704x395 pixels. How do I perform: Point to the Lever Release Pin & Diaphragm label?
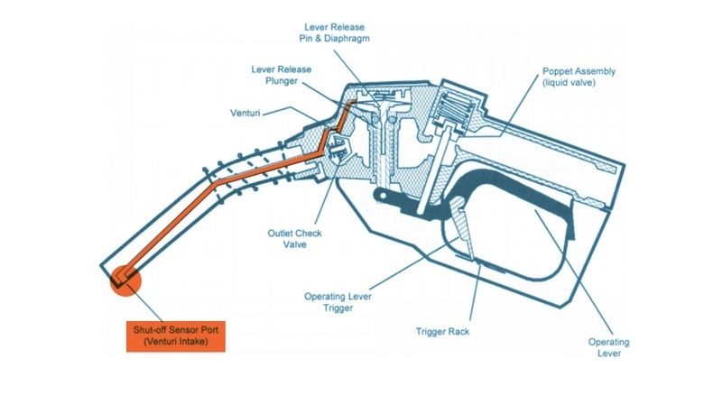338,33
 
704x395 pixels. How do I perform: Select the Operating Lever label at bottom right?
608,347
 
